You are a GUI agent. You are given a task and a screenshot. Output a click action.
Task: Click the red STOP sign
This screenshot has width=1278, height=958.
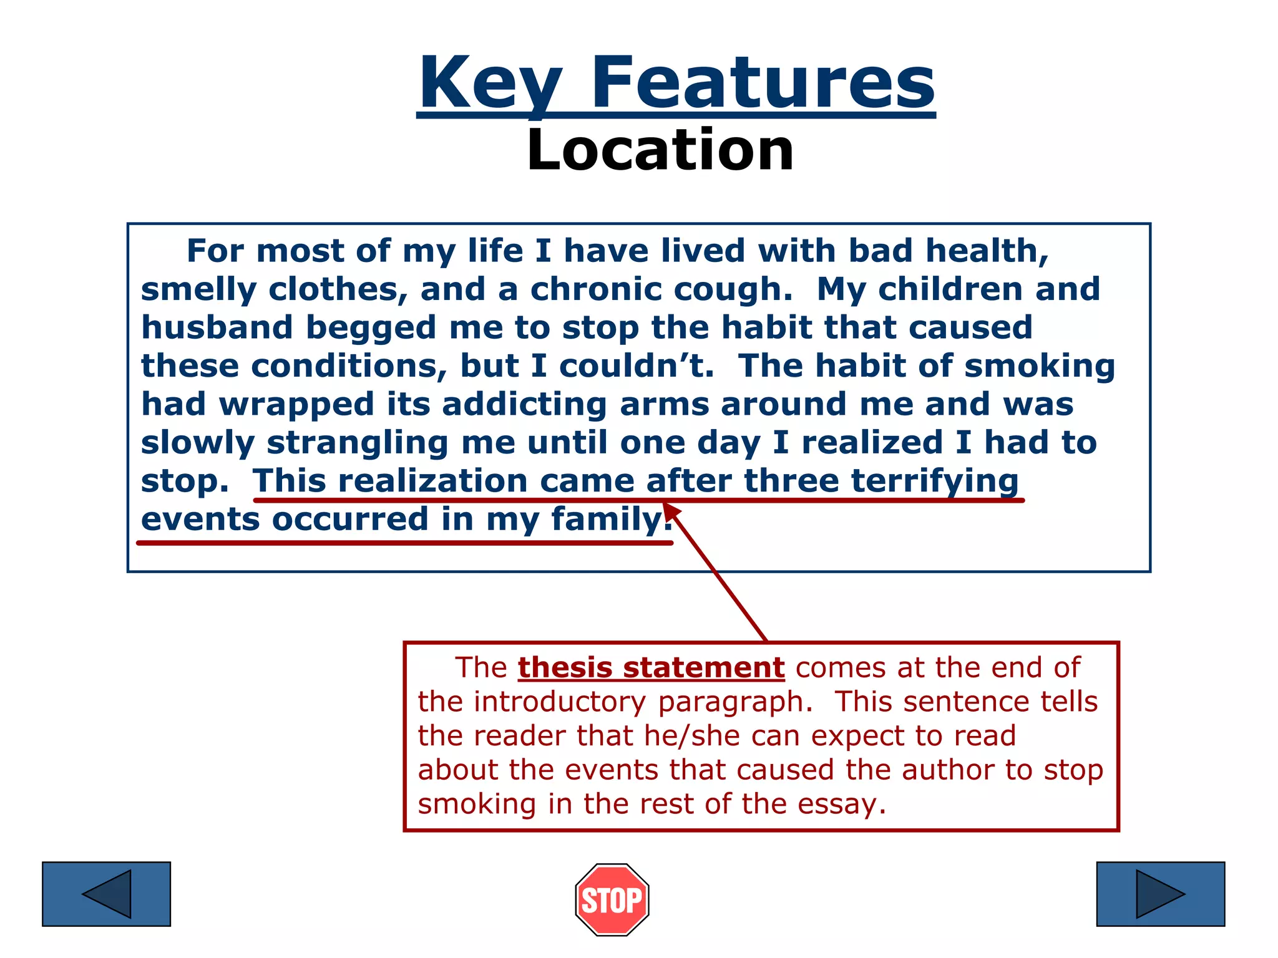(x=612, y=899)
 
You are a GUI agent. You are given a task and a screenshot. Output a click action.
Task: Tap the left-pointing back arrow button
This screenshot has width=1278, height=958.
(x=106, y=894)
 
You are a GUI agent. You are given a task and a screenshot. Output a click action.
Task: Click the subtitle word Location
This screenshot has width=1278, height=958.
(x=660, y=150)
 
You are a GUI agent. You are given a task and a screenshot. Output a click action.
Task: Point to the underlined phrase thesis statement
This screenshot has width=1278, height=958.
(x=651, y=667)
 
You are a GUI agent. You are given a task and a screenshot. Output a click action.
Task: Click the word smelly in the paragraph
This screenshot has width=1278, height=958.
(x=198, y=290)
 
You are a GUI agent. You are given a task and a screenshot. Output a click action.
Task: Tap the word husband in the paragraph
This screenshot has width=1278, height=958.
(x=217, y=328)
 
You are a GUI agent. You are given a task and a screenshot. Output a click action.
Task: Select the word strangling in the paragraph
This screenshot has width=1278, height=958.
(x=358, y=443)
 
